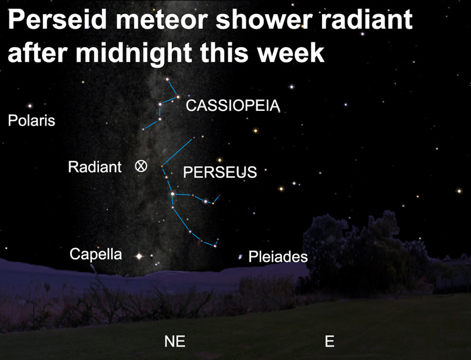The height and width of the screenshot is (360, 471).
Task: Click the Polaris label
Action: coord(32,121)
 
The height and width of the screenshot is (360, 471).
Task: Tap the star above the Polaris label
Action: coord(30,105)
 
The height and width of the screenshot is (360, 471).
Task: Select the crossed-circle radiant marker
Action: coord(141,166)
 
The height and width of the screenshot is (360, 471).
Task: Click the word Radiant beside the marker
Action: coord(95,167)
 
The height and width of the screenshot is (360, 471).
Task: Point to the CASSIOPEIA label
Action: coord(233,105)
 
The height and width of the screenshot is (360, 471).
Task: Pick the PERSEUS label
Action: coord(220,172)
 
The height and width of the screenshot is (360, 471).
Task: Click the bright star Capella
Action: coord(139,256)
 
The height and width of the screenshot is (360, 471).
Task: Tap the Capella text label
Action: coord(96,254)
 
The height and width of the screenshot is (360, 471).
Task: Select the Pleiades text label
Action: coord(278,257)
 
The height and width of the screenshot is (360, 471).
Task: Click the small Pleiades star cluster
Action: coord(240,257)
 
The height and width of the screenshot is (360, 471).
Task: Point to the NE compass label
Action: coord(175,341)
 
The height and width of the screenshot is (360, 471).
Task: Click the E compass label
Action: coord(330,341)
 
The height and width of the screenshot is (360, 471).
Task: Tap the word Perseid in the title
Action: coord(57,19)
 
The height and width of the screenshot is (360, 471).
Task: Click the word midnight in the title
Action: coord(134,53)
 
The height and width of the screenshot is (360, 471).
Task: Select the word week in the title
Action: coord(291,52)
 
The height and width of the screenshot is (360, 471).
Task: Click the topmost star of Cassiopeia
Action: coord(167,80)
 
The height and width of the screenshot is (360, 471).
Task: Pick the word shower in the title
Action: coord(266,20)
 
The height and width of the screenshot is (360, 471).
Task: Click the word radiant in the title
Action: coord(366,19)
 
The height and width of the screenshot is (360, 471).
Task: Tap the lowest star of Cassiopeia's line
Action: coord(143,129)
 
